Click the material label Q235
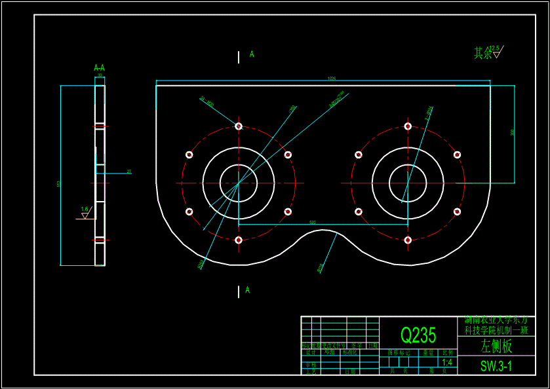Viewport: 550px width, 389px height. [x=418, y=335]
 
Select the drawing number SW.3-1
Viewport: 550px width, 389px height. [x=496, y=366]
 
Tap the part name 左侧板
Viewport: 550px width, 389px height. [x=496, y=346]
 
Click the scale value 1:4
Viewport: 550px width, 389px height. [x=447, y=362]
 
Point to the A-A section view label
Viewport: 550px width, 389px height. [x=100, y=67]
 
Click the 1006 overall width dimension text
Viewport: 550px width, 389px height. [x=332, y=79]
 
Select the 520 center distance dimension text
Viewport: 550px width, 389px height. [x=312, y=223]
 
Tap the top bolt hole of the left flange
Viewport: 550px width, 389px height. [x=239, y=126]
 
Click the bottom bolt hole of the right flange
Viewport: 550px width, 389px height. [x=408, y=240]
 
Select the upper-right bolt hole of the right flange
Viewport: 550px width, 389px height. [x=457, y=155]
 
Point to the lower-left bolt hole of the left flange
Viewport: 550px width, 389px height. [x=189, y=212]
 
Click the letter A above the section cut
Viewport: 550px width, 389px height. [x=252, y=54]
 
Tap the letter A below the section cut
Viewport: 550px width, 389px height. [x=247, y=289]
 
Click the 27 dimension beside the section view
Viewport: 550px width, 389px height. [x=129, y=172]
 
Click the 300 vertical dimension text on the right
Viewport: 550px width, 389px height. [x=512, y=132]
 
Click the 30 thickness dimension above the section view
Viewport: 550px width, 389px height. [x=100, y=76]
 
